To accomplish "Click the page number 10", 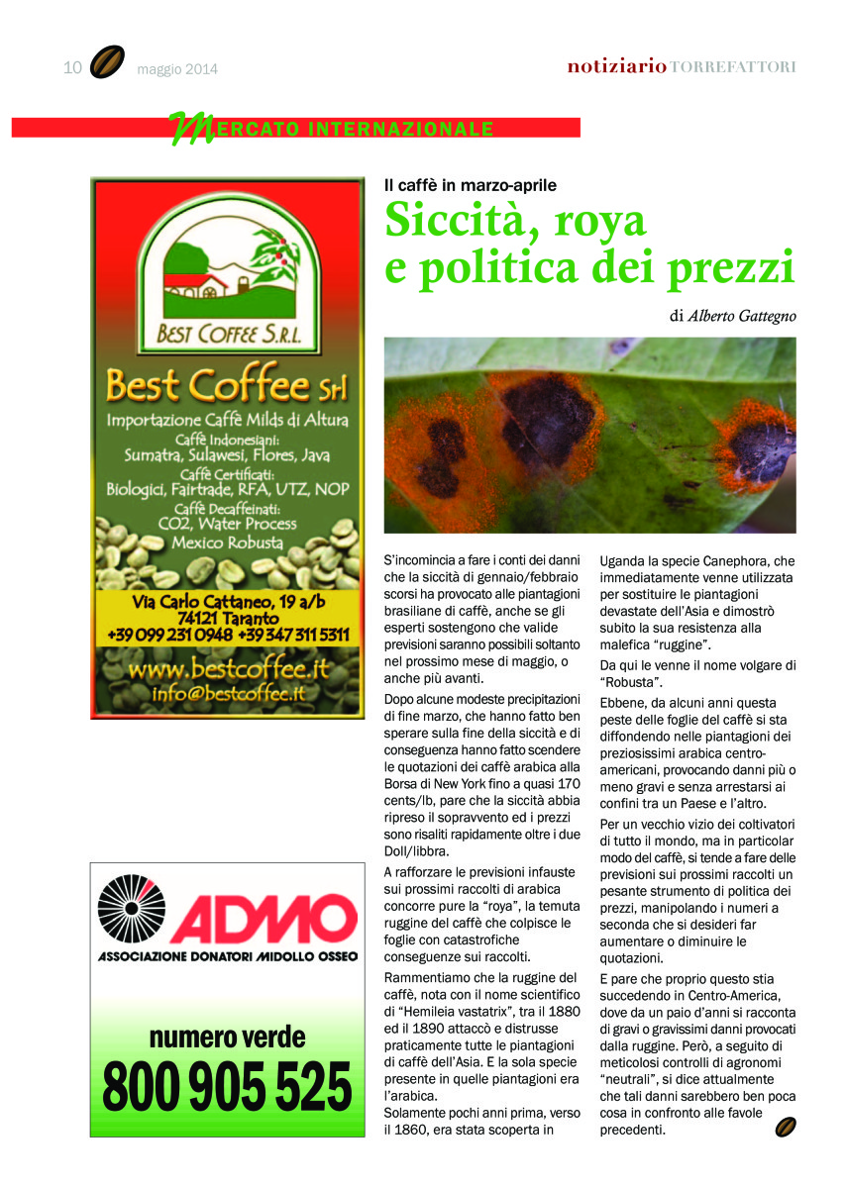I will (71, 67).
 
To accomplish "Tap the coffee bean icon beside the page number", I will (107, 62).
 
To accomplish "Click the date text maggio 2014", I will (177, 69).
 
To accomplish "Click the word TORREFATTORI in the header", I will (733, 66).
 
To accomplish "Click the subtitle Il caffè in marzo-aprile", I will (471, 185).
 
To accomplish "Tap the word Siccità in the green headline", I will (448, 221).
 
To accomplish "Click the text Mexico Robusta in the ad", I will (227, 543).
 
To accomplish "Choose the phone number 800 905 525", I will (227, 1086).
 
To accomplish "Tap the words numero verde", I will (227, 1039).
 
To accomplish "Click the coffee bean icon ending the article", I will (786, 1127).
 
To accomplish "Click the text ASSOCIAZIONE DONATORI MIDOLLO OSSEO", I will (227, 956).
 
